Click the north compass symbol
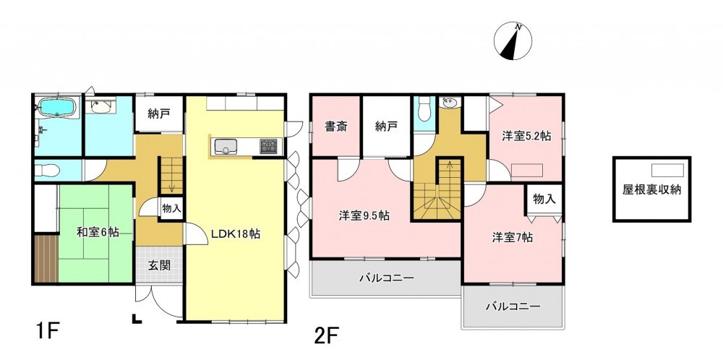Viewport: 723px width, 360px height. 513,41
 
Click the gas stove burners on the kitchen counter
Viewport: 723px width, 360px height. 268,146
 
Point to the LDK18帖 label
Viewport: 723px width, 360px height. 236,233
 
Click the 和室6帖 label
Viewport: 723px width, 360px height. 98,232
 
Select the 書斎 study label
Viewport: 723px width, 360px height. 335,127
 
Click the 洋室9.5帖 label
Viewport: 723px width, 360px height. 364,215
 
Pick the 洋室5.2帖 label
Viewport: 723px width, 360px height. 526,136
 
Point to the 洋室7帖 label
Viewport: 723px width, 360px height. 513,237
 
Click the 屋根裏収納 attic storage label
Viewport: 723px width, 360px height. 651,190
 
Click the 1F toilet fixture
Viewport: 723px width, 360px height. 47,171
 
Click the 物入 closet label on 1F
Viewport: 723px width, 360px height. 171,209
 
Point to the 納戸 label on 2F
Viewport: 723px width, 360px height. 386,127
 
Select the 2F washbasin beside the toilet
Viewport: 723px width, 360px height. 448,103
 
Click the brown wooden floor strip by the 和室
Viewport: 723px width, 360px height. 46,259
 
